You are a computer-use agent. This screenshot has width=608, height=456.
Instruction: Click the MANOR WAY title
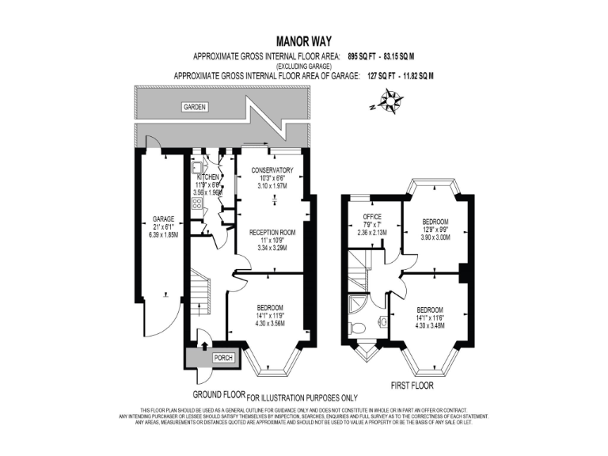click(x=304, y=40)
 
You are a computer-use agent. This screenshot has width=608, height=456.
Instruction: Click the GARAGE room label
click(x=164, y=218)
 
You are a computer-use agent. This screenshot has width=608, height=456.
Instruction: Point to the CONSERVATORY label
click(x=272, y=170)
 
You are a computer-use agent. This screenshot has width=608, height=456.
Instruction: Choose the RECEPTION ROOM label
click(x=272, y=232)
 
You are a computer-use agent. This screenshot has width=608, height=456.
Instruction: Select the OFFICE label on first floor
click(x=372, y=217)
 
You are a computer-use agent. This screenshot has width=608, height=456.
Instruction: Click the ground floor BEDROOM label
click(x=270, y=307)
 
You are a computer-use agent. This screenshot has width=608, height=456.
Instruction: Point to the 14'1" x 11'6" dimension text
click(x=430, y=317)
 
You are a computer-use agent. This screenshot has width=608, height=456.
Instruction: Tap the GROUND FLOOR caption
click(x=218, y=394)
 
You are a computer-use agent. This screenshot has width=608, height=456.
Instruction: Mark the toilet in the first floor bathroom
click(x=358, y=326)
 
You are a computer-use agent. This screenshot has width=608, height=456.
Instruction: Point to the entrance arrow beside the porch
click(x=204, y=345)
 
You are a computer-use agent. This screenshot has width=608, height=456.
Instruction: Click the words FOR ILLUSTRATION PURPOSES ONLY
click(x=303, y=397)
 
